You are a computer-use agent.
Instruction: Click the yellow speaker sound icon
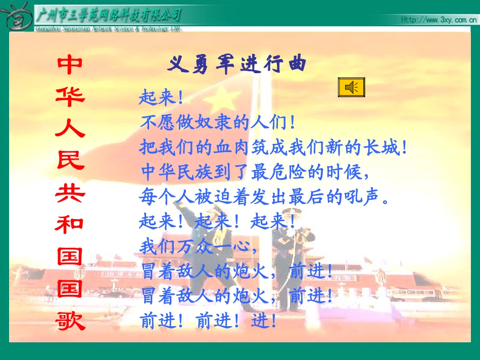click(351, 87)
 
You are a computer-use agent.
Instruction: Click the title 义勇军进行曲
click(237, 65)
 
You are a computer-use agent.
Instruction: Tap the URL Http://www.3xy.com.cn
click(439, 20)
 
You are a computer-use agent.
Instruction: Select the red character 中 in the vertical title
click(70, 65)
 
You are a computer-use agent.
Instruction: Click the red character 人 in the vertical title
click(70, 129)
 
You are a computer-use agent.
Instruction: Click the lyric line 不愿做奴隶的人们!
click(218, 123)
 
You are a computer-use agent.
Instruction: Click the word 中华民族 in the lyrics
click(172, 172)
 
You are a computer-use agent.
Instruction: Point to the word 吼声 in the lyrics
click(361, 196)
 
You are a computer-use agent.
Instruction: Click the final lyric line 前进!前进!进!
click(208, 321)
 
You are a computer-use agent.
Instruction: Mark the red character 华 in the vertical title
click(70, 97)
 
